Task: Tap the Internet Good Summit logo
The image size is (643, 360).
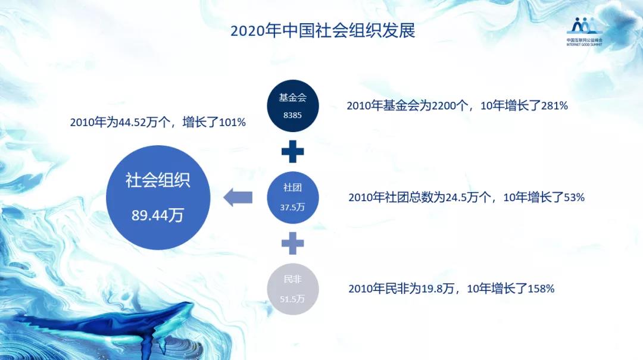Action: [584, 31]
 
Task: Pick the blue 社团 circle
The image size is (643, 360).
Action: [292, 198]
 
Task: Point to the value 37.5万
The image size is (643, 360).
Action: [292, 208]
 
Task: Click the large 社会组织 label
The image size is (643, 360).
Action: [158, 181]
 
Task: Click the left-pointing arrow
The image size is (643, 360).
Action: [238, 197]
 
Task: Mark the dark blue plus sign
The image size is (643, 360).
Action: [292, 151]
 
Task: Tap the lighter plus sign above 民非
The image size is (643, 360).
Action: [292, 243]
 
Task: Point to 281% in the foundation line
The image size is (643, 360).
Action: [554, 106]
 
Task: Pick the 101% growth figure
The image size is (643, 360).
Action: [232, 123]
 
